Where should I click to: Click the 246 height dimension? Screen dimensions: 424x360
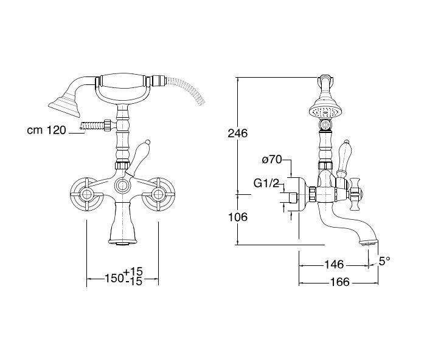[237, 134]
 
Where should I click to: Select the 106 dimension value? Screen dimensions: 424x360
[238, 217]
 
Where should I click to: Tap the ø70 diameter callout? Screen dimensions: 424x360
[272, 160]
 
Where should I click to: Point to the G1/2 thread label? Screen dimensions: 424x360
[266, 184]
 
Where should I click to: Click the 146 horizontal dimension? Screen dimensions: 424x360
[334, 265]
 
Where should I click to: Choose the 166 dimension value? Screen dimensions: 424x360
[340, 282]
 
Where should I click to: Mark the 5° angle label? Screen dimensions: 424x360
[384, 261]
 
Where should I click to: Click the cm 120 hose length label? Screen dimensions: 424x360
[46, 130]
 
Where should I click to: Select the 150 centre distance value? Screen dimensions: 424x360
[114, 278]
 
